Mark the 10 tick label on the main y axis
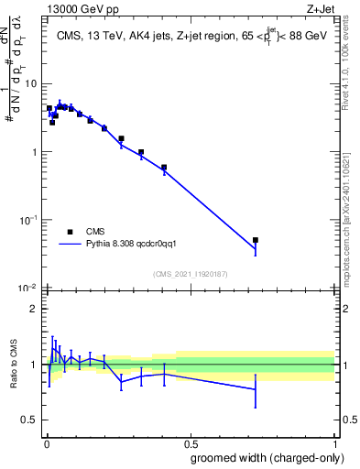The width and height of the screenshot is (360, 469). [x=32, y=83]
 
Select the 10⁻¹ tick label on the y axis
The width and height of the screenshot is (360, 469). [x=29, y=220]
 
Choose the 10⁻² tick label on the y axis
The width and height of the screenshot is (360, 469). [x=29, y=288]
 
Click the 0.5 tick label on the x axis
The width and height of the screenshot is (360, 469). [x=190, y=442]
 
